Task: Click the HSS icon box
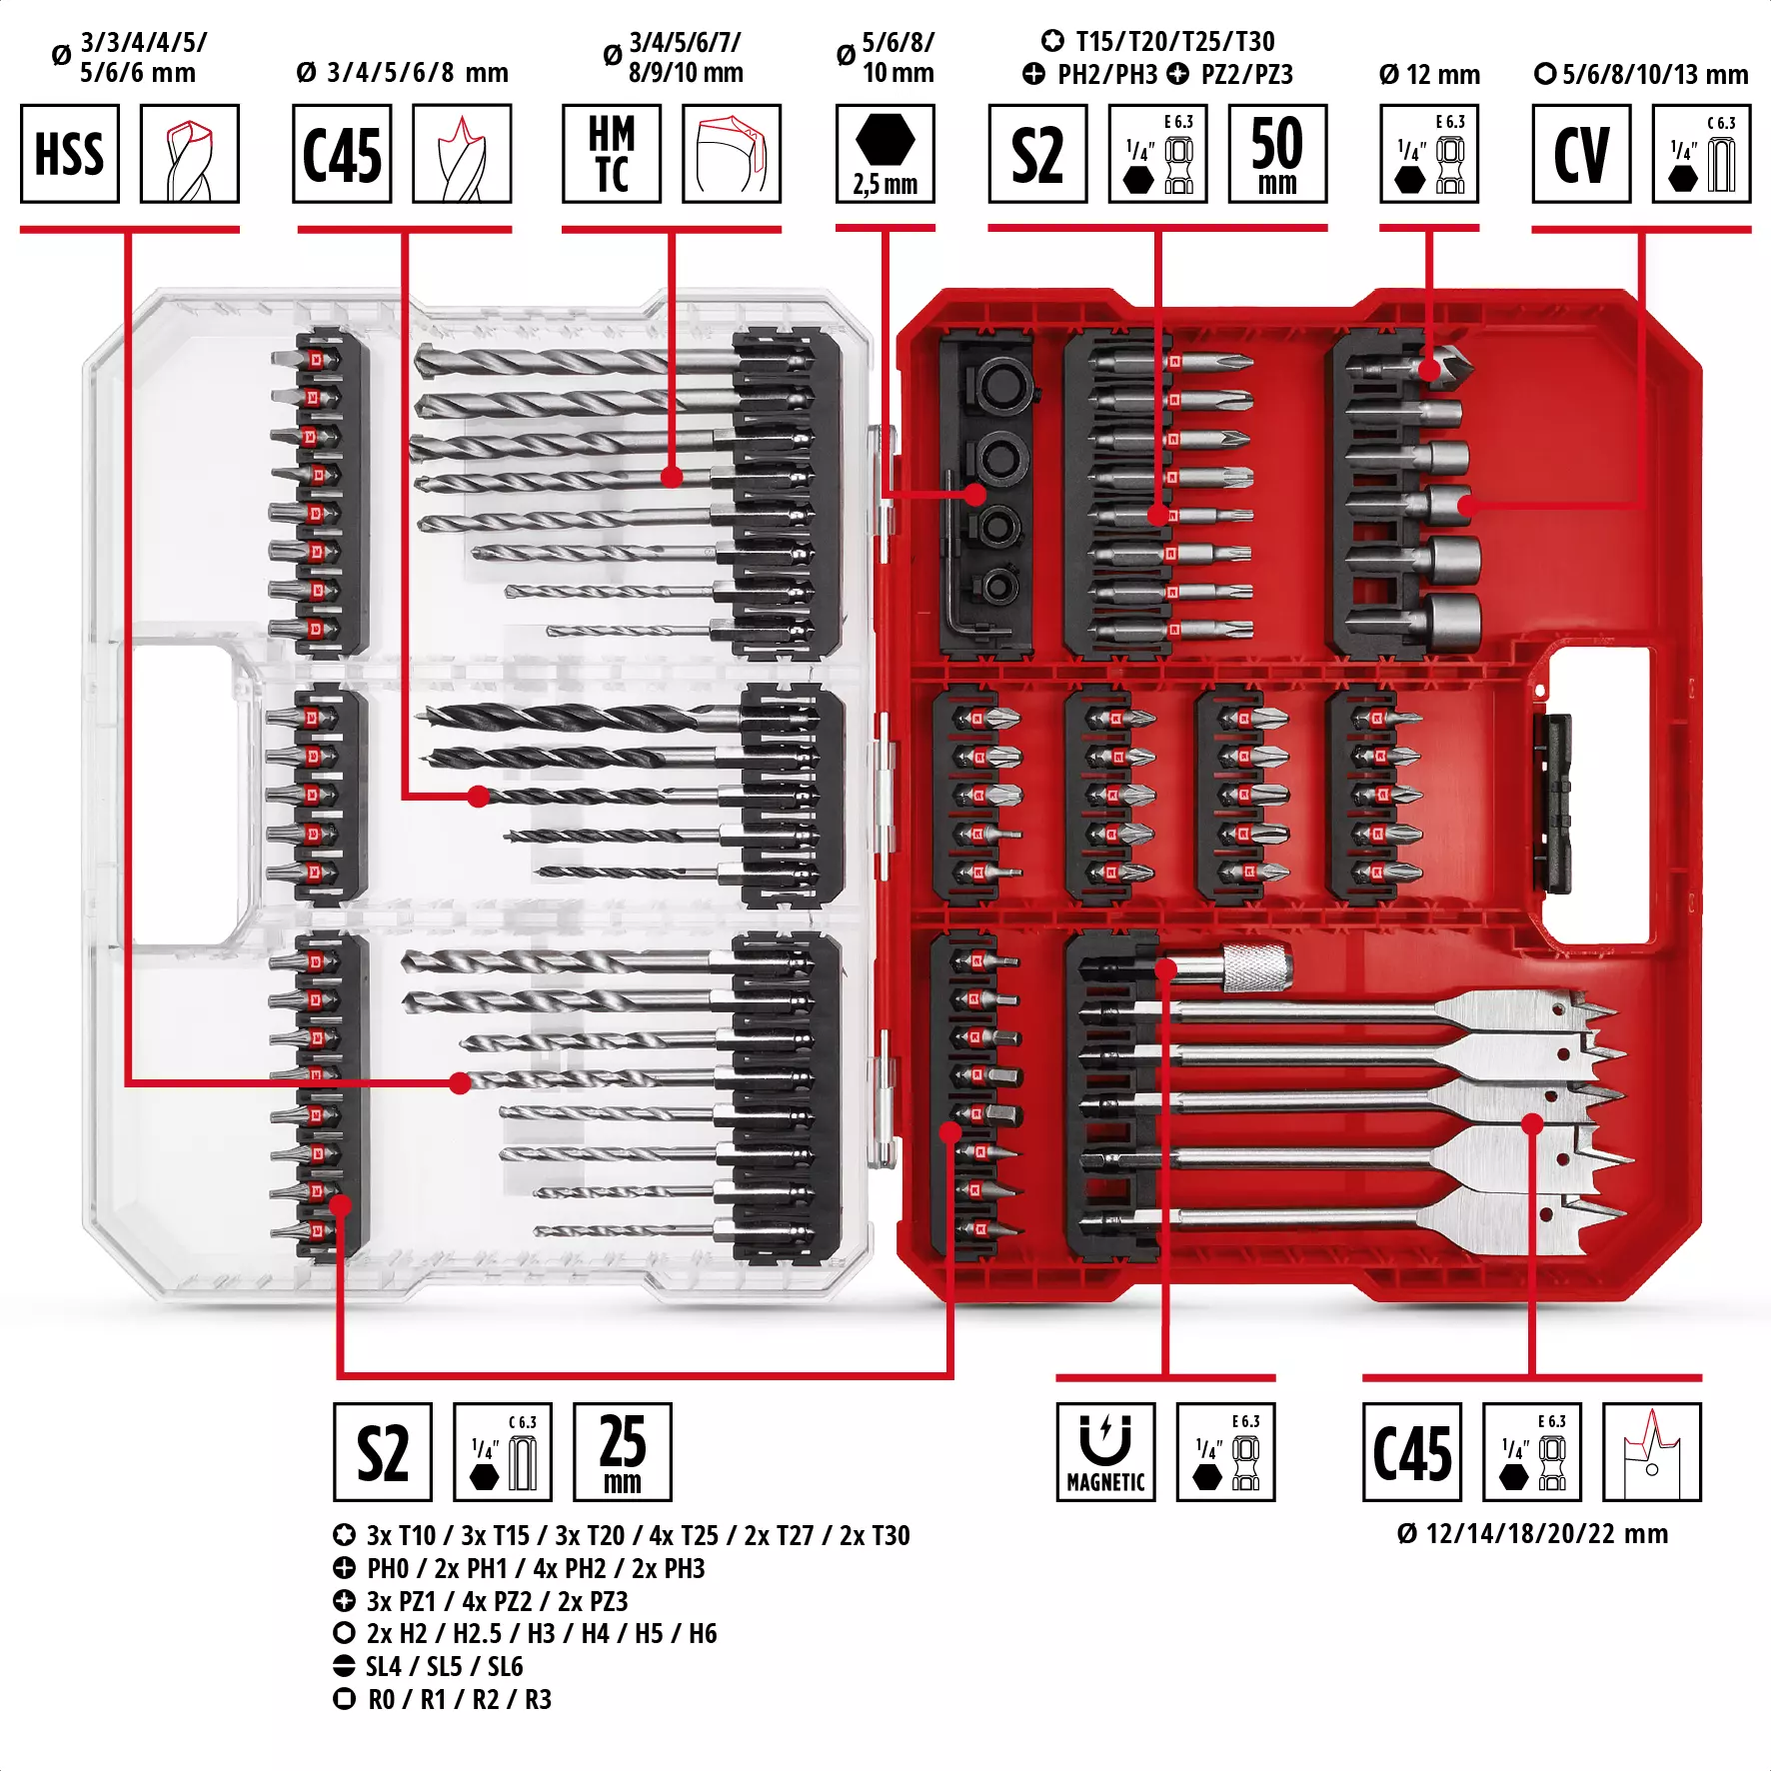click(70, 154)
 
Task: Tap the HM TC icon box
click(611, 154)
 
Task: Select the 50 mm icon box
click(1276, 154)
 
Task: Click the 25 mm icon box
click(622, 1451)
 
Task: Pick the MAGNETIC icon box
click(1105, 1451)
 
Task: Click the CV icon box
click(1581, 154)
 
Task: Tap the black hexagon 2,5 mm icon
click(885, 154)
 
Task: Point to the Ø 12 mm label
click(1429, 74)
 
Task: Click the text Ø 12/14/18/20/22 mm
click(1532, 1533)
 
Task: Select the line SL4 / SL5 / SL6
click(443, 1666)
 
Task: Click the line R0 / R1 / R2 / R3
click(458, 1699)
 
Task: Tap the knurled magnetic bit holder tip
click(1256, 966)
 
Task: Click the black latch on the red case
click(1552, 803)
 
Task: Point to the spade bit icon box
click(1651, 1451)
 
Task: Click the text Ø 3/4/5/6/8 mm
click(402, 72)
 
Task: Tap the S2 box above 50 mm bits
click(1037, 154)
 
